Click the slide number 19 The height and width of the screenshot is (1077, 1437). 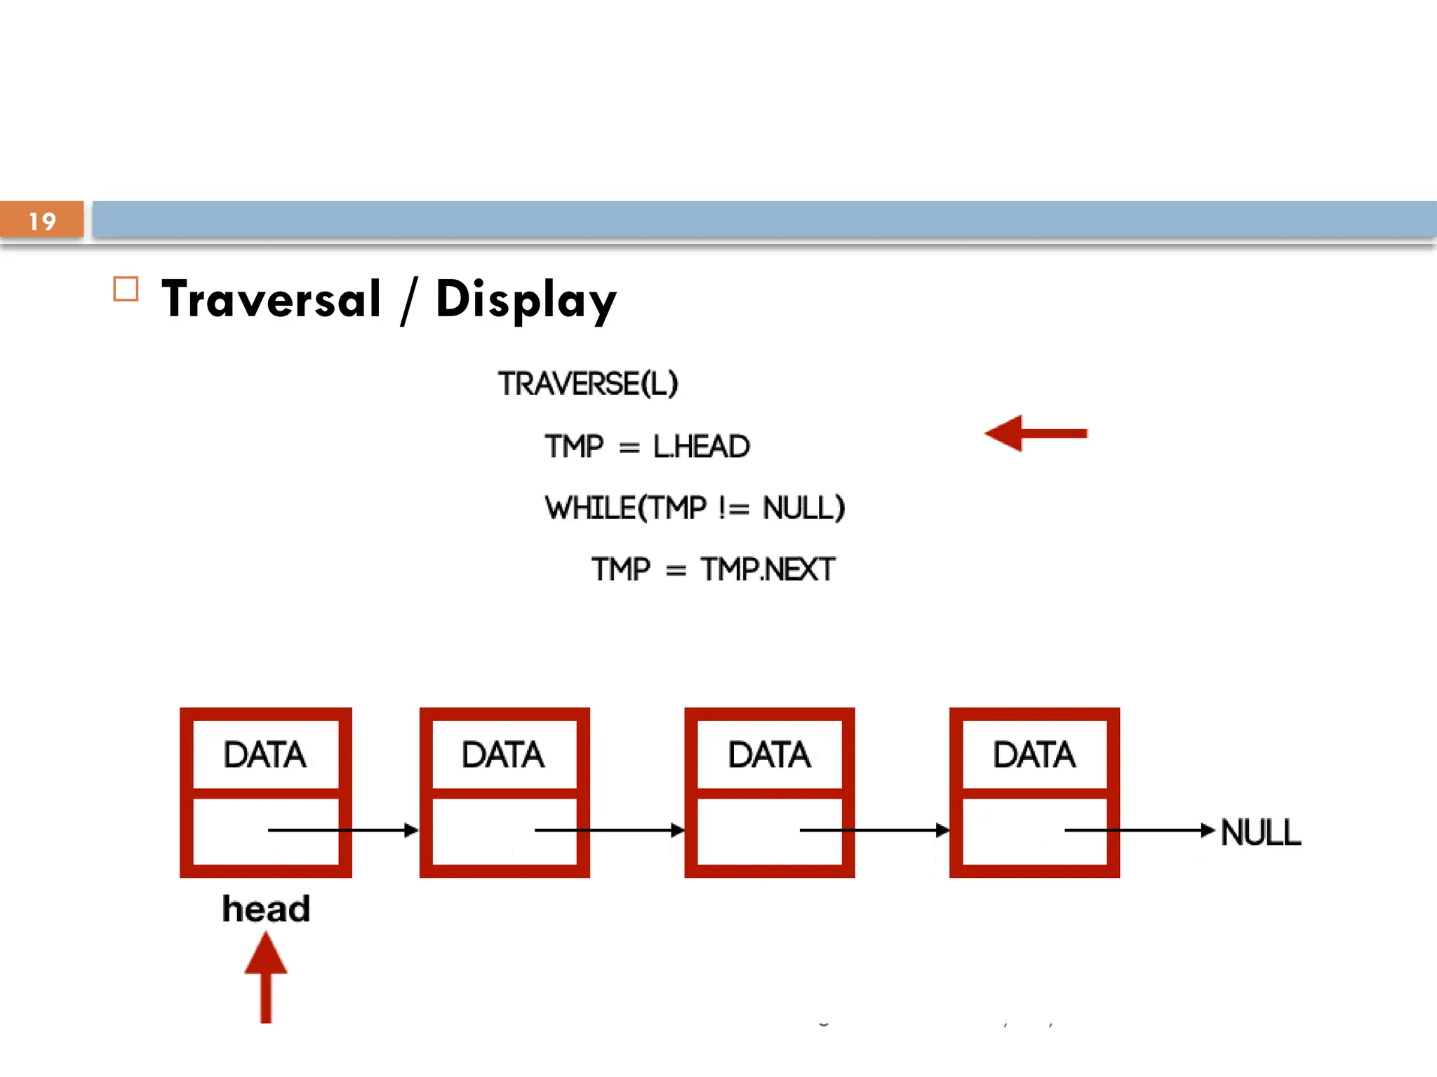42,222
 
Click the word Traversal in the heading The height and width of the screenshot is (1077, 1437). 272,299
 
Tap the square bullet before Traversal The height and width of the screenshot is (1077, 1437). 126,289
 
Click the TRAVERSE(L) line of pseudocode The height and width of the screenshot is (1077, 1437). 588,384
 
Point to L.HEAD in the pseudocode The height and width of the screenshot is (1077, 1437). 701,447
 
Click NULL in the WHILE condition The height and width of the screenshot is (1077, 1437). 803,508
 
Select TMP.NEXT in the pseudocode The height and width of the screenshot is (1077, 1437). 768,569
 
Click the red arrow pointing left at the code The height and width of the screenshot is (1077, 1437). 1035,433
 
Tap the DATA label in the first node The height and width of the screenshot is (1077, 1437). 265,755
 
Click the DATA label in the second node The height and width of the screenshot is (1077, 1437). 502,755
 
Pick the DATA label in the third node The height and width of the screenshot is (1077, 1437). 769,755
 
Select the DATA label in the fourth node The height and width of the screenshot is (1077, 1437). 1034,755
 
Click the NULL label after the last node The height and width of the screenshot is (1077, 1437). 1261,832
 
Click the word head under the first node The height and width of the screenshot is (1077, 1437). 266,909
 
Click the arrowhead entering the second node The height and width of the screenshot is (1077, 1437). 411,830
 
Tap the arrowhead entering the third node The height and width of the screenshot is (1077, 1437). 677,830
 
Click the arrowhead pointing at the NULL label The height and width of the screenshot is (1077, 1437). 1208,830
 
